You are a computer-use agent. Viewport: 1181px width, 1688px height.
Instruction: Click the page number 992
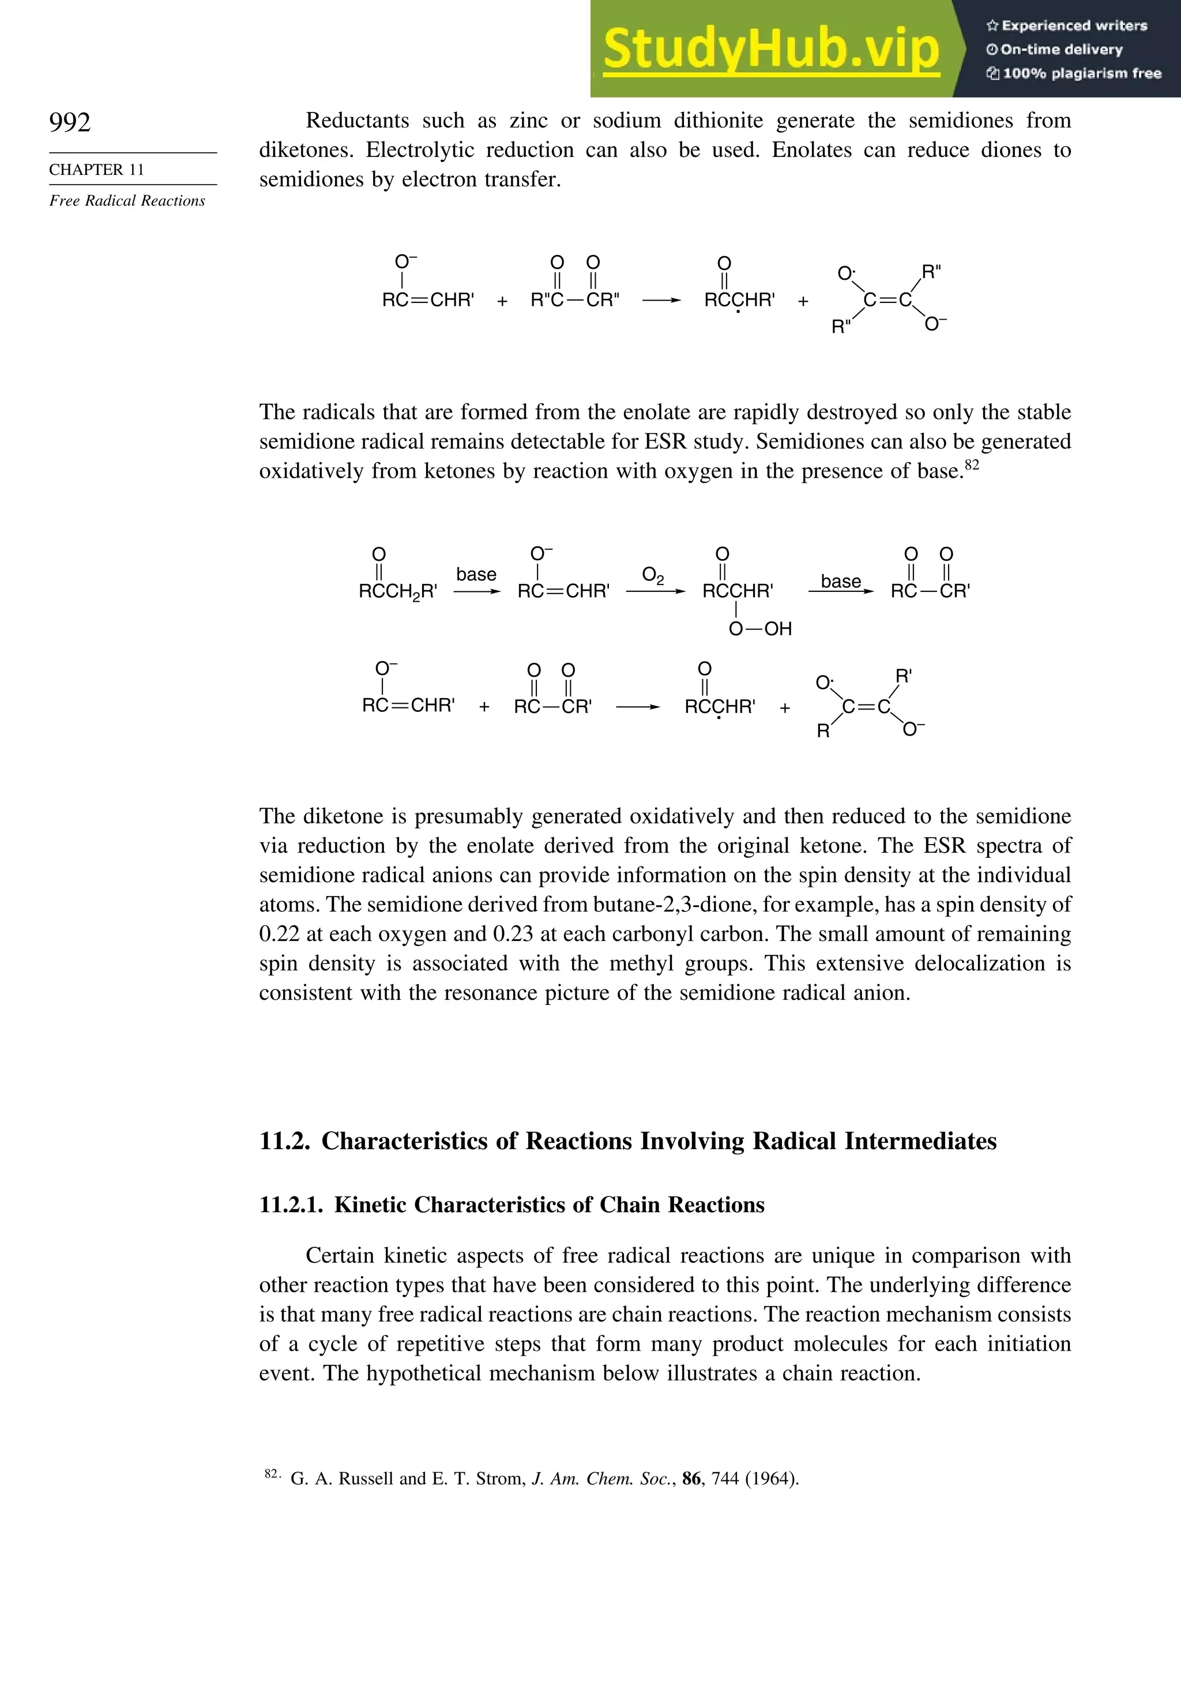click(x=70, y=122)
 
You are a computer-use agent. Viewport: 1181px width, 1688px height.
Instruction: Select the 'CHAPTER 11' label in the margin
click(x=96, y=170)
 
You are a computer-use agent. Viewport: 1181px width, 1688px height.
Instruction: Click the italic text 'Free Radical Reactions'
click(x=127, y=201)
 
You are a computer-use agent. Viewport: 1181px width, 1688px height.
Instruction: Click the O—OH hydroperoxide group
click(x=760, y=629)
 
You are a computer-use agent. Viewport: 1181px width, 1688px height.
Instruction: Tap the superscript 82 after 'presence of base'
click(x=972, y=466)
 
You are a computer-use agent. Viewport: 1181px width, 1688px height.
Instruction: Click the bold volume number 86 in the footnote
click(x=691, y=1479)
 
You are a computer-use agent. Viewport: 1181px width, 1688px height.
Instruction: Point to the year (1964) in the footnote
click(x=772, y=1479)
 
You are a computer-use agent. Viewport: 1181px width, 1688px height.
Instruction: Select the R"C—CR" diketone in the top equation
click(x=575, y=301)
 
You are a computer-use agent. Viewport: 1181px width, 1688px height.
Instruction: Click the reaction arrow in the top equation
click(x=661, y=301)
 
